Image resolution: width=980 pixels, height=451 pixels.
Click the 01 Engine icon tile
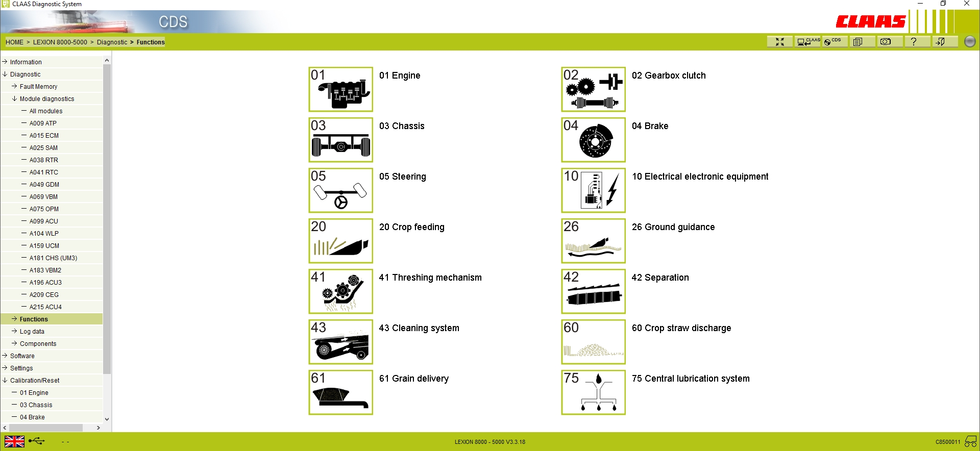click(x=340, y=89)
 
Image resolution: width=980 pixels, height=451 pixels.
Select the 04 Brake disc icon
click(x=593, y=140)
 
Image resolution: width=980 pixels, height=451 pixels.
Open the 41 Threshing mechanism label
click(x=430, y=278)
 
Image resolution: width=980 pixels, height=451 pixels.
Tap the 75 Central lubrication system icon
click(x=593, y=392)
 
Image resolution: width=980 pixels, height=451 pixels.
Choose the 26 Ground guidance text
click(x=673, y=227)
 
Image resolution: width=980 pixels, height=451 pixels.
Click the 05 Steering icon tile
click(x=340, y=190)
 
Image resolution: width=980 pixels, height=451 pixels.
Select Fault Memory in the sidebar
click(x=38, y=87)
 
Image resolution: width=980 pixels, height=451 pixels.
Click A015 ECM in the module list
click(x=44, y=136)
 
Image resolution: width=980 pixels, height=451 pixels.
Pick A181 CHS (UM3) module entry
click(x=53, y=258)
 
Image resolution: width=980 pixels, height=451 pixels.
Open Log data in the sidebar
click(x=32, y=332)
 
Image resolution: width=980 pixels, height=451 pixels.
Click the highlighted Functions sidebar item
click(x=34, y=319)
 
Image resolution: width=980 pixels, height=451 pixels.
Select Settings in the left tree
click(x=21, y=368)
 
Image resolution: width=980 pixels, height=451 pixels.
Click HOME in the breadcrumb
click(x=14, y=42)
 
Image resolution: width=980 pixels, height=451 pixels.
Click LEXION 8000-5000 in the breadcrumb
click(x=60, y=42)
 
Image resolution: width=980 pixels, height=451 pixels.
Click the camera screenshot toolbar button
click(x=886, y=42)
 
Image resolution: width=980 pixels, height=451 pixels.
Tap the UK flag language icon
click(x=14, y=441)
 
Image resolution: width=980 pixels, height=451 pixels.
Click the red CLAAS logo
click(x=870, y=21)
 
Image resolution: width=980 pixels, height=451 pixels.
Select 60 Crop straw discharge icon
click(x=593, y=342)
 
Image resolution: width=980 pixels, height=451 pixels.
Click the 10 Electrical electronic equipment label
click(x=700, y=177)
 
